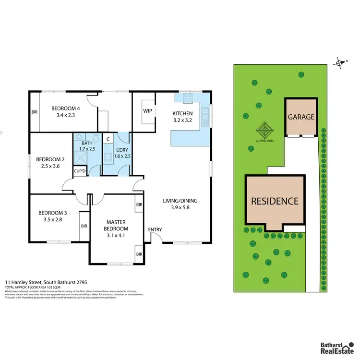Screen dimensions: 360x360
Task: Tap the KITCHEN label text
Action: [x=182, y=114]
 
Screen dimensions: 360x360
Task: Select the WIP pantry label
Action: [x=147, y=111]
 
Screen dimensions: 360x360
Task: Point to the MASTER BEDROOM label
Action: [x=116, y=226]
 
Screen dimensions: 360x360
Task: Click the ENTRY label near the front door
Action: [x=155, y=230]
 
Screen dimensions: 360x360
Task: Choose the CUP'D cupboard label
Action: [x=79, y=171]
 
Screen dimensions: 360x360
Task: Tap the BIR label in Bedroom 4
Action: [x=35, y=112]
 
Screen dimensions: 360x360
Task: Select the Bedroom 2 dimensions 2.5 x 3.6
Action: [x=50, y=167]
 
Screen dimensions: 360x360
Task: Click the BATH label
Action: [x=86, y=143]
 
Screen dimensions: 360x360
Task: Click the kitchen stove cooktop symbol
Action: [x=187, y=99]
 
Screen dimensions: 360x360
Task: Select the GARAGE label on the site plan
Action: [x=301, y=117]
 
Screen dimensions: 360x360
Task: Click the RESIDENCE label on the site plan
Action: [x=275, y=201]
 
